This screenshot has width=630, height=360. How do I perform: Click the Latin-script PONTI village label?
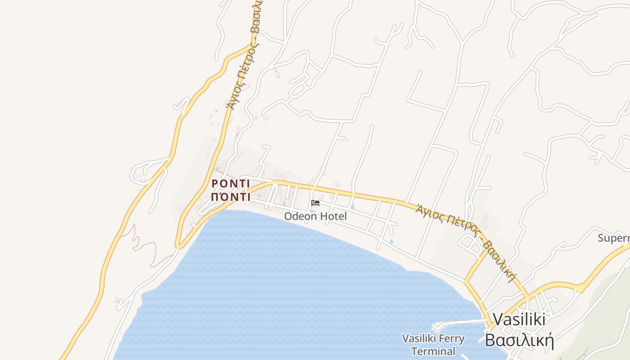click(230, 184)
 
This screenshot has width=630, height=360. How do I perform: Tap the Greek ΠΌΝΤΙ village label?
click(230, 197)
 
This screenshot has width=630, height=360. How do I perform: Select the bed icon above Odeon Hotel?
click(315, 203)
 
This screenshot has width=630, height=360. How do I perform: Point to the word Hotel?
click(333, 216)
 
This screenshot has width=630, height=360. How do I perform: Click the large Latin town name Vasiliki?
click(519, 319)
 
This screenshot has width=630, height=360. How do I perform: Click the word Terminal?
click(433, 351)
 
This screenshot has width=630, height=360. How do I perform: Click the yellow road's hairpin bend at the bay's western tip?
click(179, 246)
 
